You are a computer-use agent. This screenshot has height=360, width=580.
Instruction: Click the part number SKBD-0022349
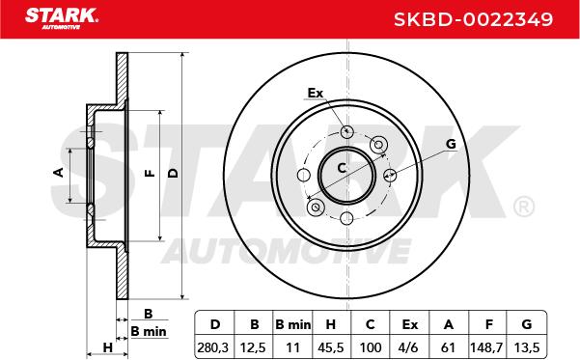[473, 19]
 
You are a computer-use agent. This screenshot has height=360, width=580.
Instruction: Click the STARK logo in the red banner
[62, 18]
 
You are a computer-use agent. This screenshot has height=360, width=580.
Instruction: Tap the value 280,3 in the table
[213, 347]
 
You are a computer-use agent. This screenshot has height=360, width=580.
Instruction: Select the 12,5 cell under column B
[253, 347]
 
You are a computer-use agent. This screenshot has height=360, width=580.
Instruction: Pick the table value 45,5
[331, 347]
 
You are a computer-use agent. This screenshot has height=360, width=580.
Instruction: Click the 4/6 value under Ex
[409, 347]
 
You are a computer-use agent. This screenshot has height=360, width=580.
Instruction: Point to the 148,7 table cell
[486, 347]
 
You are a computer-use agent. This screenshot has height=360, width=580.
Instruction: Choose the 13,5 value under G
[527, 347]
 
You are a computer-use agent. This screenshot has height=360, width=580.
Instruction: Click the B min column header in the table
[293, 324]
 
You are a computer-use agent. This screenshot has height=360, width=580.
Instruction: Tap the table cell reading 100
[371, 347]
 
